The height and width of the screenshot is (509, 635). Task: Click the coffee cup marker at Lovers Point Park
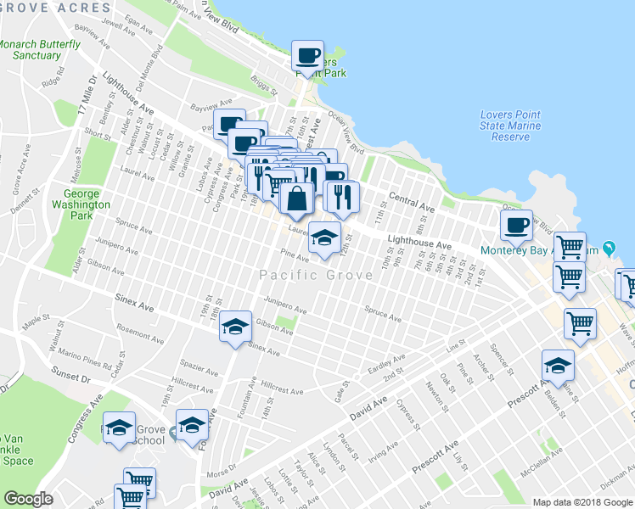point(307,57)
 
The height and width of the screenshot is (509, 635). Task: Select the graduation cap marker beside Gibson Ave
point(236,327)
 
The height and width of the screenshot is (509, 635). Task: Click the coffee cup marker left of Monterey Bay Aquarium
point(516,226)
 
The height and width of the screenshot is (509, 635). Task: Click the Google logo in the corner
point(27,499)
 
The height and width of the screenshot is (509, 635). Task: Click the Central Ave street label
point(412,202)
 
